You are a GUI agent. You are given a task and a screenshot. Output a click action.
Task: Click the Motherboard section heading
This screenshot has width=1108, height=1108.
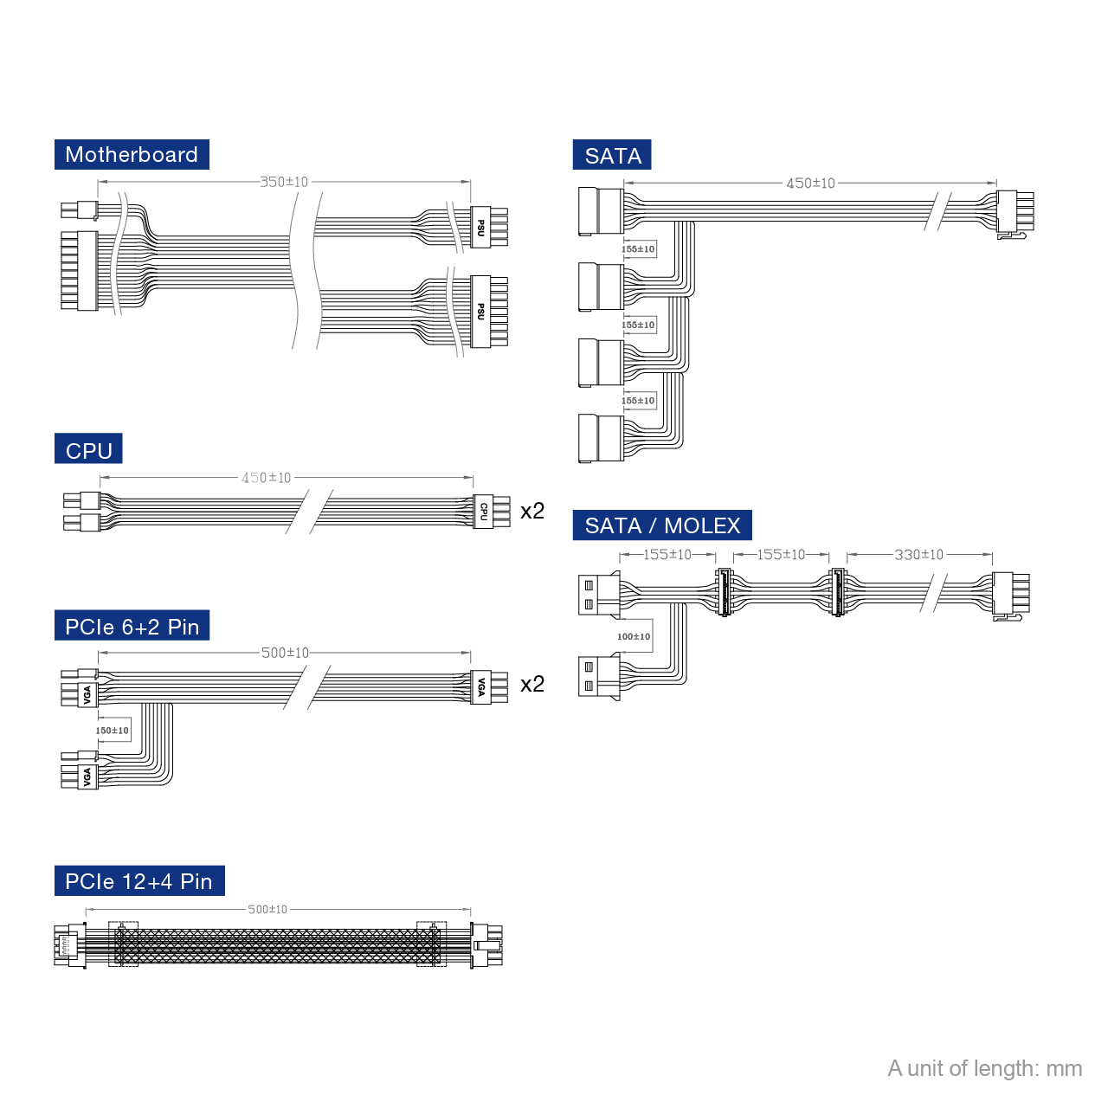(x=132, y=155)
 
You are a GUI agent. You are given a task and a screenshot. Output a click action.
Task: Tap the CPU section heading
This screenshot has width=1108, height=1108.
(x=88, y=450)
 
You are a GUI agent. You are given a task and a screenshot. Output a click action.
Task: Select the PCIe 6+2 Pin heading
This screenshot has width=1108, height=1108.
(x=132, y=627)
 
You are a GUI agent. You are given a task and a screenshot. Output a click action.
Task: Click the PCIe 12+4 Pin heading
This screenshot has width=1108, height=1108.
(x=138, y=881)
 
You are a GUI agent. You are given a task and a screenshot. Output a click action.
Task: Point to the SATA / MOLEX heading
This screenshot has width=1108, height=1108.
(x=662, y=525)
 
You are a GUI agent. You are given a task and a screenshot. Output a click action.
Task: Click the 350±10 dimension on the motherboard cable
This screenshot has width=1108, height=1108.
(x=284, y=182)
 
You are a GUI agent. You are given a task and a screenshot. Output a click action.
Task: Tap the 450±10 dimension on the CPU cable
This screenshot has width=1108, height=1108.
(x=267, y=478)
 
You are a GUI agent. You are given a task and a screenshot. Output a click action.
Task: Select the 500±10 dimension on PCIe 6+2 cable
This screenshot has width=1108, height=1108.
(x=285, y=653)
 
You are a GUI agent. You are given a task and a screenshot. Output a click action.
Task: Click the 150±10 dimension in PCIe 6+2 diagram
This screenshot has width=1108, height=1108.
(x=113, y=731)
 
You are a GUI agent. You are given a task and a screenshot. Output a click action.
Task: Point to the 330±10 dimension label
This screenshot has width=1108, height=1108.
(x=918, y=555)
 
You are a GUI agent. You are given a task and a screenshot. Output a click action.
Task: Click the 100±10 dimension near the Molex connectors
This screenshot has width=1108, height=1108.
(x=634, y=636)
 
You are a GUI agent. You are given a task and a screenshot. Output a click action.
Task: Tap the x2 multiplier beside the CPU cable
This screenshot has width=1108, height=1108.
(x=532, y=511)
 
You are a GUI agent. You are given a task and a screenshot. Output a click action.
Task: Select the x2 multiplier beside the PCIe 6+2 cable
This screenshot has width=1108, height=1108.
(x=532, y=684)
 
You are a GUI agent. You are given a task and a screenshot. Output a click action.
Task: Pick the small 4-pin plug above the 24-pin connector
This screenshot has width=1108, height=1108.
(x=79, y=210)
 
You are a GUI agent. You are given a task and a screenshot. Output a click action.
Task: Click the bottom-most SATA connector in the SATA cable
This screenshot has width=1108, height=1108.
(x=600, y=438)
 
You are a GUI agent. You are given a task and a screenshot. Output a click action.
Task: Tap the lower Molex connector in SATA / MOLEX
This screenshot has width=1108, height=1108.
(x=598, y=677)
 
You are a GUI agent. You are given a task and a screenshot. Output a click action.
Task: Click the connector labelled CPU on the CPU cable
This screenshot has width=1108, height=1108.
(x=484, y=511)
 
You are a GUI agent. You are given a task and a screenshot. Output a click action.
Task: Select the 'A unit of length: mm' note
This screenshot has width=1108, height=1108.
(x=984, y=1068)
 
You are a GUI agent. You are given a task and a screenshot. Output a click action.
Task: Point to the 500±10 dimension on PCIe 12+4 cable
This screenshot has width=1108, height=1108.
(x=267, y=910)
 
